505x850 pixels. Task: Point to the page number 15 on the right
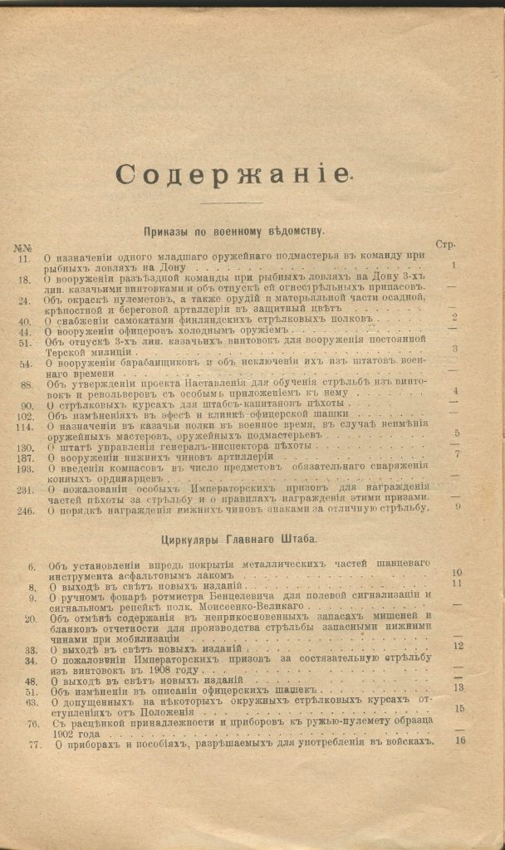pos(458,708)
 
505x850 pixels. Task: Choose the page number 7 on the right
pos(457,454)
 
